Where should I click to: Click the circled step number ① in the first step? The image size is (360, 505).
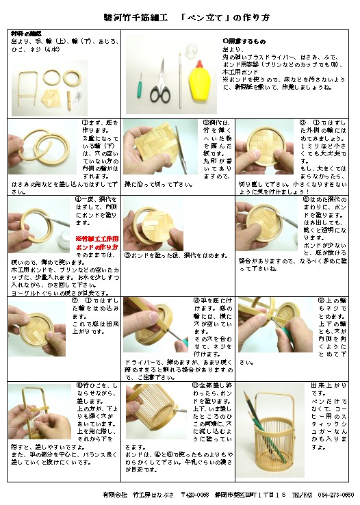[x=79, y=123]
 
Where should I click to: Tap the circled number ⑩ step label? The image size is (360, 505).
[x=79, y=386]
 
